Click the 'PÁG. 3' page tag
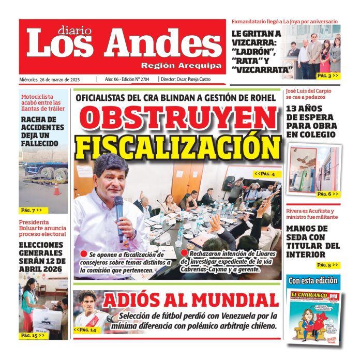tap(327, 76)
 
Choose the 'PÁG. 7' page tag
tap(32, 210)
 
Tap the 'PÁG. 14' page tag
tap(86, 329)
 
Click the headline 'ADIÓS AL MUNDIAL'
tap(190, 301)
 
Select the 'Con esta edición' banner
tap(314, 281)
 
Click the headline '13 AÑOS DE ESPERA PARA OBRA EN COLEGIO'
tap(311, 122)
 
